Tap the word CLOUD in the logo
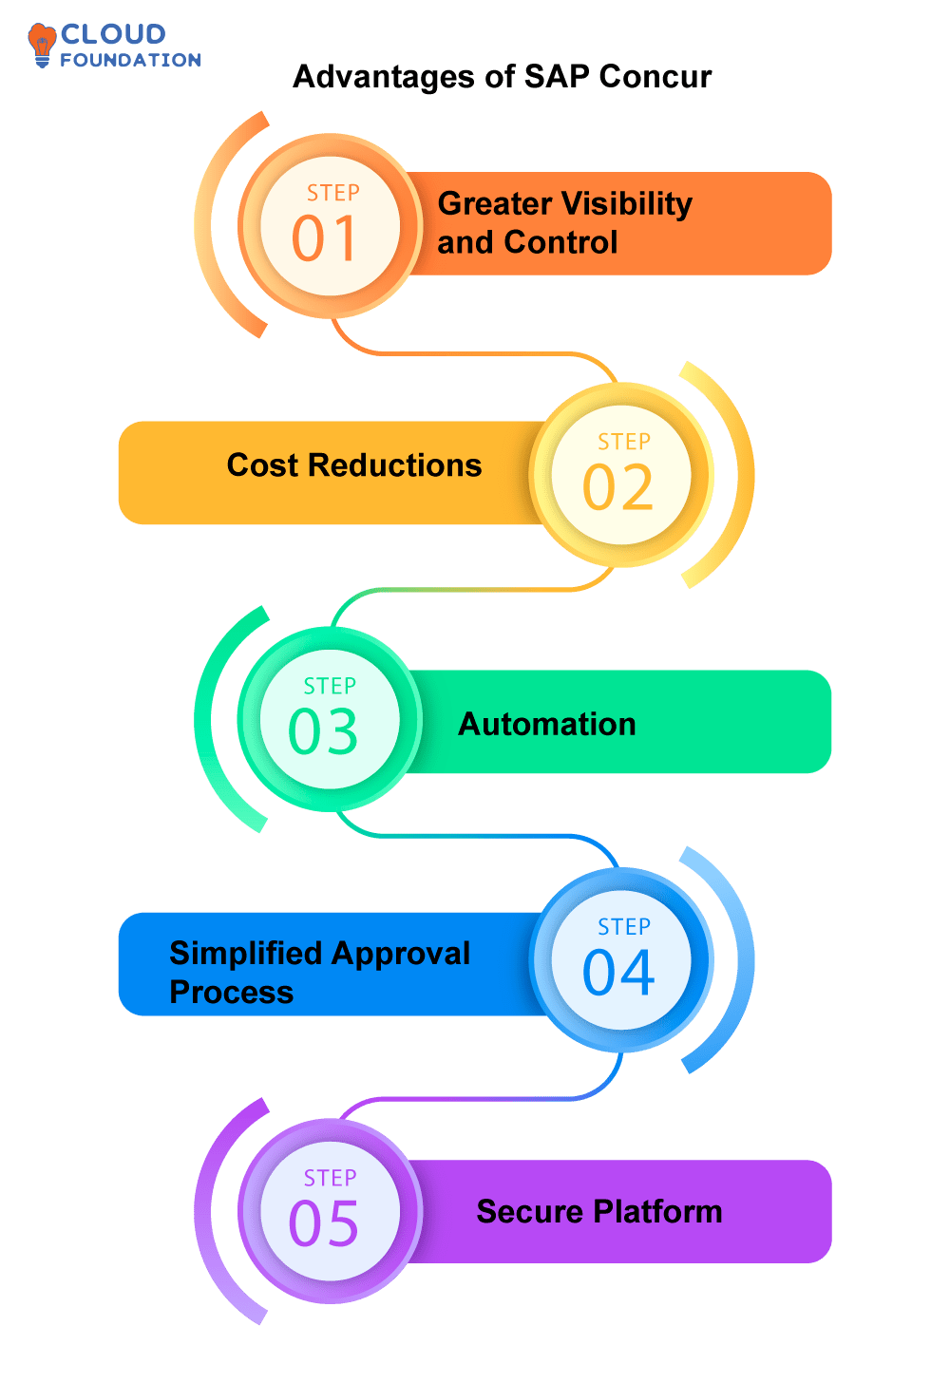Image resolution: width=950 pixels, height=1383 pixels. coord(113,34)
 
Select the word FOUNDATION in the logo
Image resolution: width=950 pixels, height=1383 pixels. coord(130,60)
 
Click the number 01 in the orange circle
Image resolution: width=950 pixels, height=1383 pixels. coord(325,238)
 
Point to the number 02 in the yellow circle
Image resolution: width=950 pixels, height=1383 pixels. coord(618,487)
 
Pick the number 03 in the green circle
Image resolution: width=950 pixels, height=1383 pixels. coord(324,731)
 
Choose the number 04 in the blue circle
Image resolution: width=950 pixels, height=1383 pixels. coord(618,972)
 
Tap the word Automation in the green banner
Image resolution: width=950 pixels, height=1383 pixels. coord(547,725)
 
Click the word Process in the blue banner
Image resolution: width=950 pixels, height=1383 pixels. coord(232,992)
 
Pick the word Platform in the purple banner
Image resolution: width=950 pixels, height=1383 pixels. coord(658,1212)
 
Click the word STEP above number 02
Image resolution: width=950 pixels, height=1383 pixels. coord(624,442)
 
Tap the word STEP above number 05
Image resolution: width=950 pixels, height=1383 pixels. coord(330,1178)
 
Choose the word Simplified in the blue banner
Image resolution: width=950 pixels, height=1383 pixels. coord(244,953)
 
